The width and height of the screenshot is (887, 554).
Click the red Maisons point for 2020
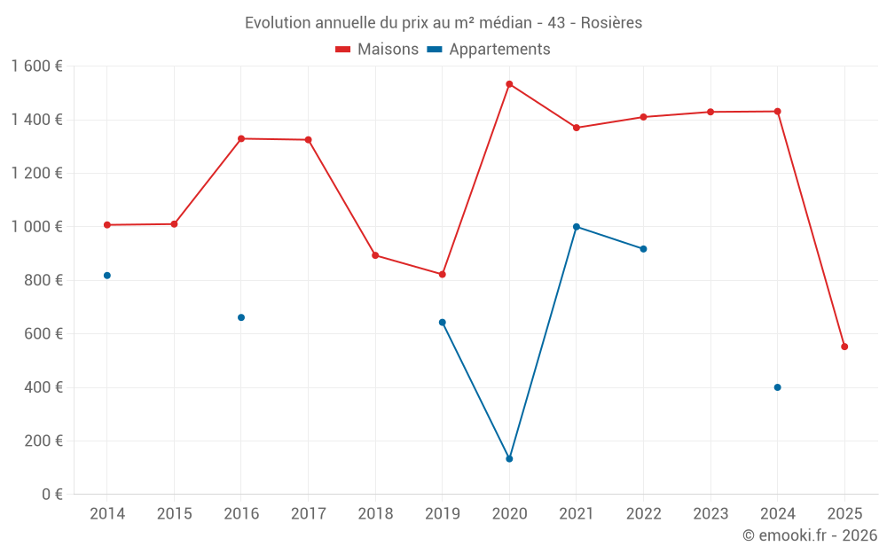(509, 84)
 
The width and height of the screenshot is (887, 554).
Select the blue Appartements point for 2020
(509, 458)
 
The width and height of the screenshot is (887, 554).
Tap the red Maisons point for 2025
(844, 347)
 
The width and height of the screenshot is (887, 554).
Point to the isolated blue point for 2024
(777, 387)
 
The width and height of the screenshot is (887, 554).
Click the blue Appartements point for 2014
(107, 276)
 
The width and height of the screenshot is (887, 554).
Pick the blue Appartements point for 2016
(241, 317)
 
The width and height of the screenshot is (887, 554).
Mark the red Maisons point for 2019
(442, 274)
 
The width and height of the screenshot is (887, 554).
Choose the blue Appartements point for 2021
(577, 227)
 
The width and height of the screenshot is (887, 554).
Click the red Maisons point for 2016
(241, 138)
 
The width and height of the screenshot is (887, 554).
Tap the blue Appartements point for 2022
(643, 249)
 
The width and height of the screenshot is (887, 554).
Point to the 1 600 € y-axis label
(36, 66)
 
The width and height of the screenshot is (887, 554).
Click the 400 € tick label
(43, 387)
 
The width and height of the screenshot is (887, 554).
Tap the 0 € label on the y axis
(51, 495)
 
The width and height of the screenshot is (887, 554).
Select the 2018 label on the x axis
(375, 514)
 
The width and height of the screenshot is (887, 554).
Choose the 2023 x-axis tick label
(710, 514)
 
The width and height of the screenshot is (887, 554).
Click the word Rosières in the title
(612, 23)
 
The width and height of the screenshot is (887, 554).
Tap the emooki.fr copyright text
(810, 535)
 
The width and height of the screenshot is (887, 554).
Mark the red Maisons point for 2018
(375, 255)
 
